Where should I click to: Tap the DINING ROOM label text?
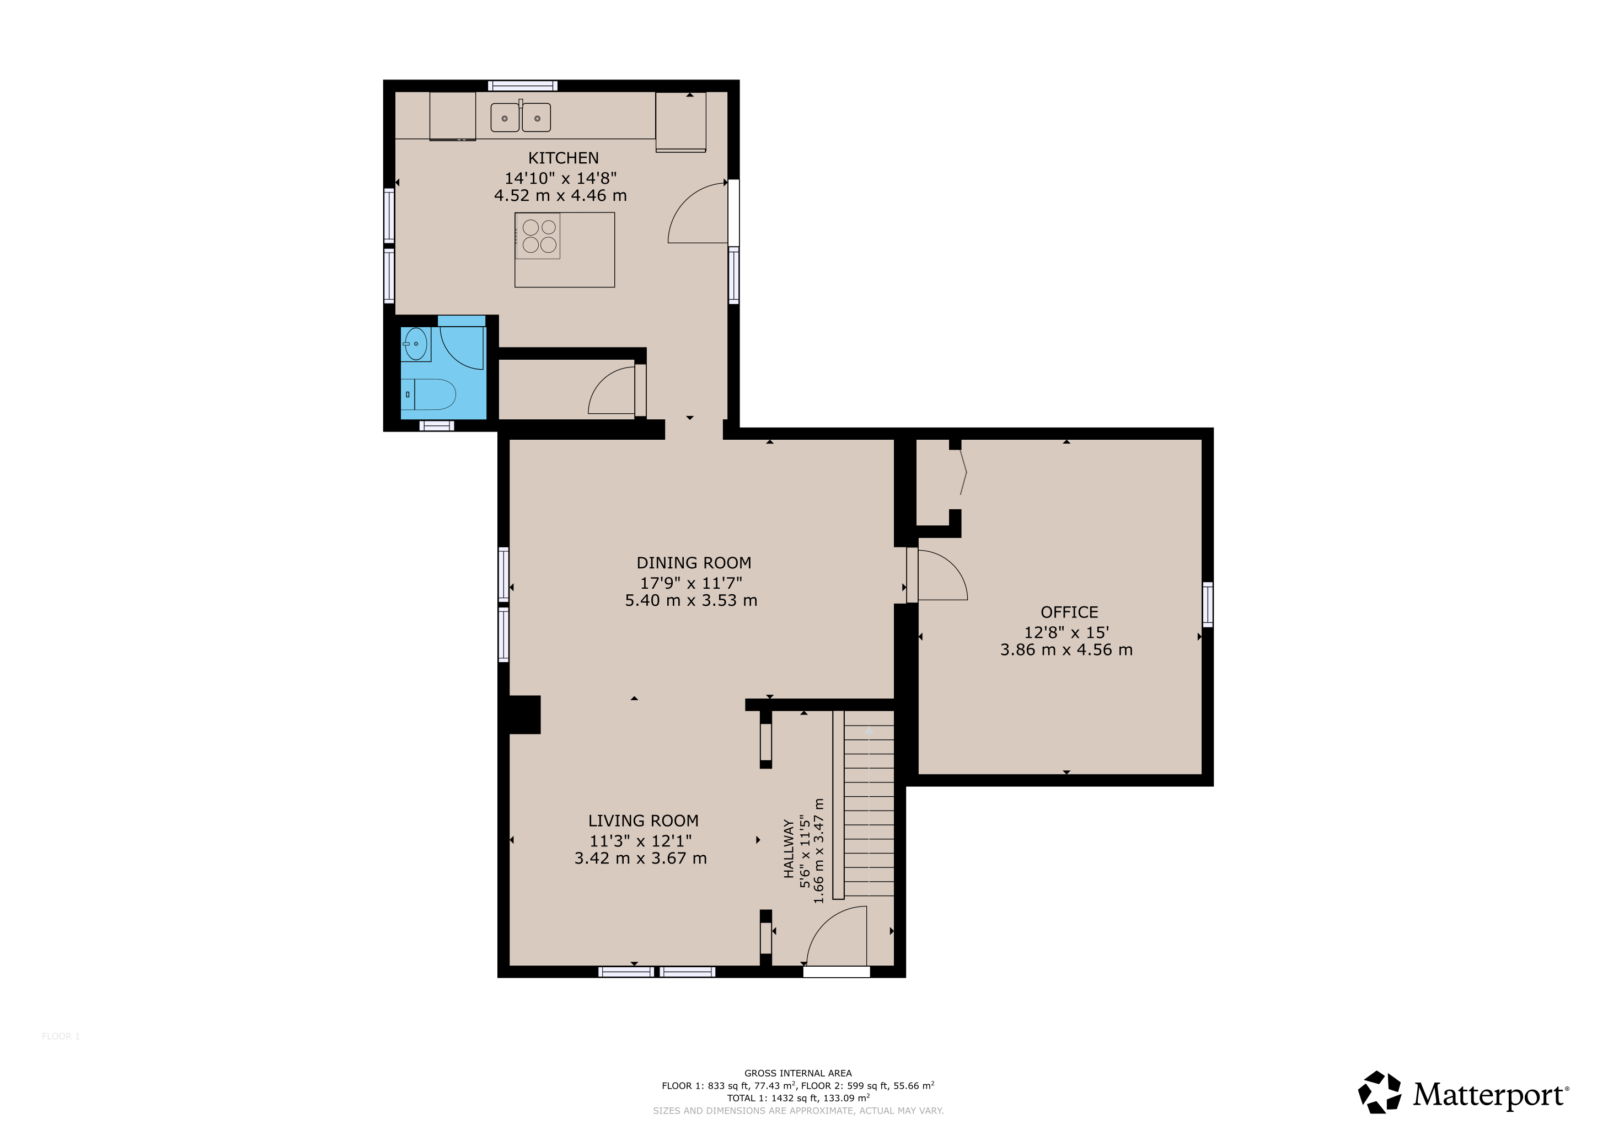coord(694,563)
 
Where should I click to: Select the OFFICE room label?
coord(1069,612)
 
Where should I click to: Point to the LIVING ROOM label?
coord(644,821)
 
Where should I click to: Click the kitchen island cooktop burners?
coord(538,236)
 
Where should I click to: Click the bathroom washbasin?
coord(416,344)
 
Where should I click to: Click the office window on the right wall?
coord(1208,604)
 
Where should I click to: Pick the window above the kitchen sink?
coord(522,86)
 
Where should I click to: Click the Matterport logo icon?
coord(1380,1092)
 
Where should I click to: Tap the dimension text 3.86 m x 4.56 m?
coord(1067,650)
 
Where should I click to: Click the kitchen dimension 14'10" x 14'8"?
coord(561,178)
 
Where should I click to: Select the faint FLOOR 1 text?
coord(61,1037)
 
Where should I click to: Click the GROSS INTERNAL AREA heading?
coord(798,1074)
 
